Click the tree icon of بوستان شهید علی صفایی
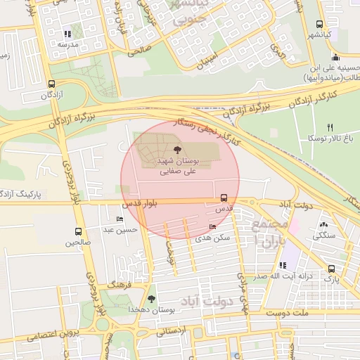pyautogui.click(x=176, y=150)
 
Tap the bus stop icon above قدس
pyautogui.click(x=224, y=198)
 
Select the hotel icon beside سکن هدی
pyautogui.click(x=213, y=226)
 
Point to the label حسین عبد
pyautogui.click(x=118, y=230)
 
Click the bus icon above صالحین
pyautogui.click(x=78, y=231)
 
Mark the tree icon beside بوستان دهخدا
pyautogui.click(x=151, y=299)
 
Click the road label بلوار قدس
pyautogui.click(x=141, y=204)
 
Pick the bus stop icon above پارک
pyautogui.click(x=330, y=268)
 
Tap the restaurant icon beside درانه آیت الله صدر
pyautogui.click(x=283, y=265)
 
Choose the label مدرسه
pyautogui.click(x=67, y=44)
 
